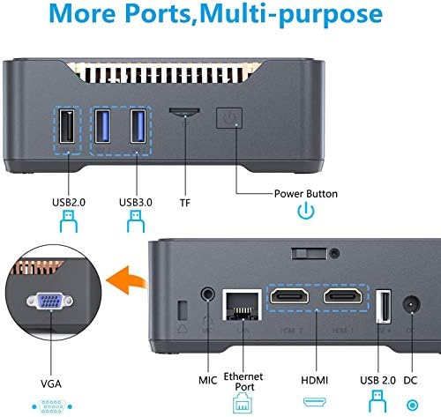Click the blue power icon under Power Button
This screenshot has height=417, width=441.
pyautogui.click(x=305, y=211)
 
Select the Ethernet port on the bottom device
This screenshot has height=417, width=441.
pyautogui.click(x=237, y=303)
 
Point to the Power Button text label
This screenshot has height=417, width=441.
pyautogui.click(x=305, y=193)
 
